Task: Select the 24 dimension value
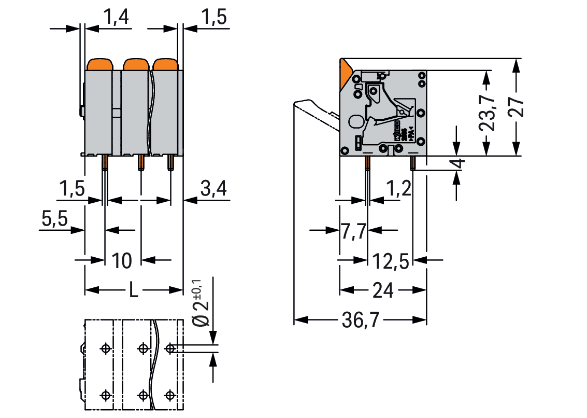(x=383, y=290)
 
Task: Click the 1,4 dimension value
(x=116, y=18)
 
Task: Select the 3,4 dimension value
(x=213, y=190)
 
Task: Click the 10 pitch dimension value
(x=122, y=260)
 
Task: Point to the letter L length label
(x=133, y=291)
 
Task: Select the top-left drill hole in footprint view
(x=106, y=349)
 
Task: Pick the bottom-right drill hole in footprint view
(x=170, y=395)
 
